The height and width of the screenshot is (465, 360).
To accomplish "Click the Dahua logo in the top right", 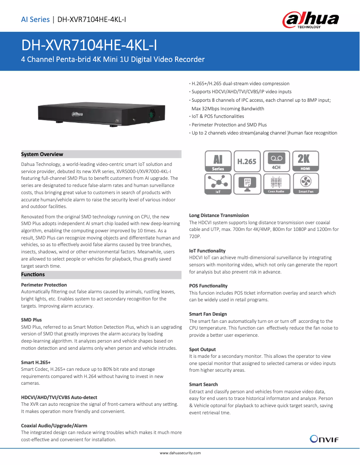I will coord(310,20).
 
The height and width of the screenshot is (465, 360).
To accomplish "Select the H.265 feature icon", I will coord(246,161).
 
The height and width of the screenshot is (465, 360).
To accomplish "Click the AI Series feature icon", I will coord(218,161).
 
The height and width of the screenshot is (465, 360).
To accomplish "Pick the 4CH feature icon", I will coord(276,161).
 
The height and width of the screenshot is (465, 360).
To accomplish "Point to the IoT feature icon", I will coord(218,184).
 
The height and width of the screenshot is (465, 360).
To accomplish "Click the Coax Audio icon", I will coord(276,184).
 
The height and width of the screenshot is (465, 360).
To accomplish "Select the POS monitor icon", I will coord(246,184).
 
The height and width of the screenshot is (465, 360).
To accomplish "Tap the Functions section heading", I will coord(33,274).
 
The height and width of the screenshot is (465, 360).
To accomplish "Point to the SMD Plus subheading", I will coord(31,320).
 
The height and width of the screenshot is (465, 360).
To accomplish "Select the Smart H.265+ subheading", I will coord(36,362).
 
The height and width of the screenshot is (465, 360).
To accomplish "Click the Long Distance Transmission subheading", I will coord(219,216).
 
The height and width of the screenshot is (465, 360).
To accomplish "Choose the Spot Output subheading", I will coord(202,349).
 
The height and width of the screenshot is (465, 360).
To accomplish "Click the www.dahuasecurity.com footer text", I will coord(180,453).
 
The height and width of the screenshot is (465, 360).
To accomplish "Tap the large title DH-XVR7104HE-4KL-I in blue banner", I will coord(89,45).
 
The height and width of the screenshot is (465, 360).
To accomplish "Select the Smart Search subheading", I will coord(203,384).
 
